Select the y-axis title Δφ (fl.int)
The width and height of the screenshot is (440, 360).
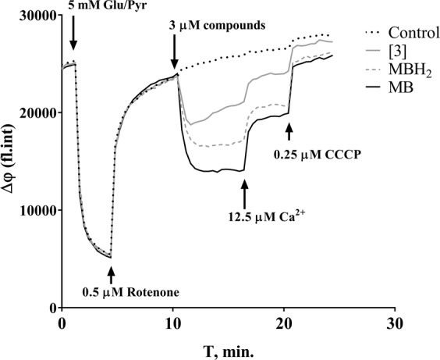coord(11,162)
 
